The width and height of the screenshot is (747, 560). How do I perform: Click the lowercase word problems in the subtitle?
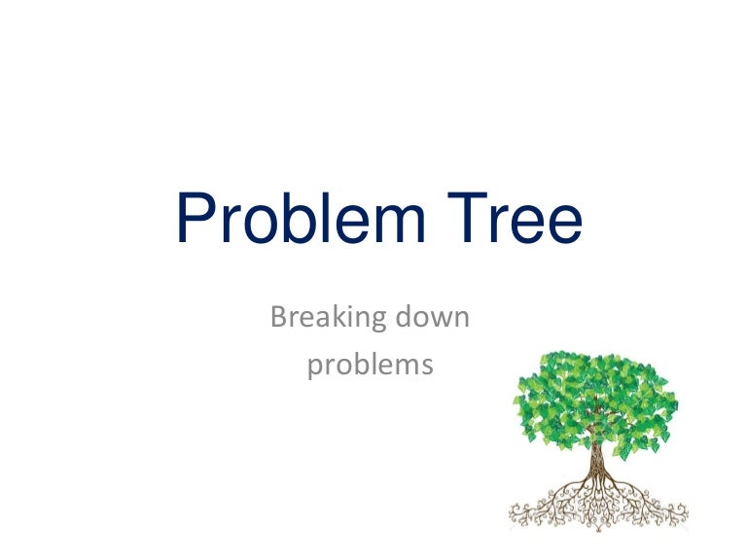[x=371, y=367]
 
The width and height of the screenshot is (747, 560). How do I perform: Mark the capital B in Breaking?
[x=280, y=317]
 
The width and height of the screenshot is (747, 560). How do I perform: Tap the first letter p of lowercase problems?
[x=315, y=370]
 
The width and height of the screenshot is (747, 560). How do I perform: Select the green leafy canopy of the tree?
[x=595, y=399]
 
